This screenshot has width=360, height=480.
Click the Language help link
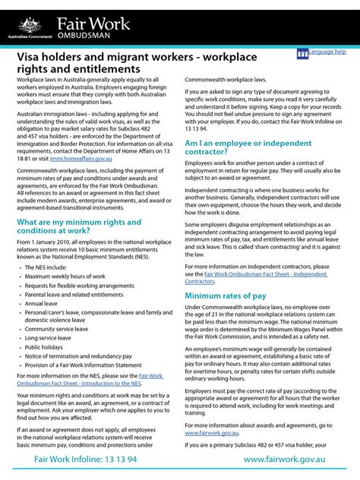pyautogui.click(x=327, y=52)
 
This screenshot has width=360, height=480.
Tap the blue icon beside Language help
pyautogui.click(x=302, y=53)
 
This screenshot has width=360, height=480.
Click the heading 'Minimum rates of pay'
pyautogui.click(x=225, y=295)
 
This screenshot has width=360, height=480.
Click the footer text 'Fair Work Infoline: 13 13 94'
pyautogui.click(x=86, y=460)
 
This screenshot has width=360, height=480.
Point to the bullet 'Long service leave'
pyautogui.click(x=53, y=337)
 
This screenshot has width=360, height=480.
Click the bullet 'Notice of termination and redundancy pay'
pyautogui.click(x=84, y=355)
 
